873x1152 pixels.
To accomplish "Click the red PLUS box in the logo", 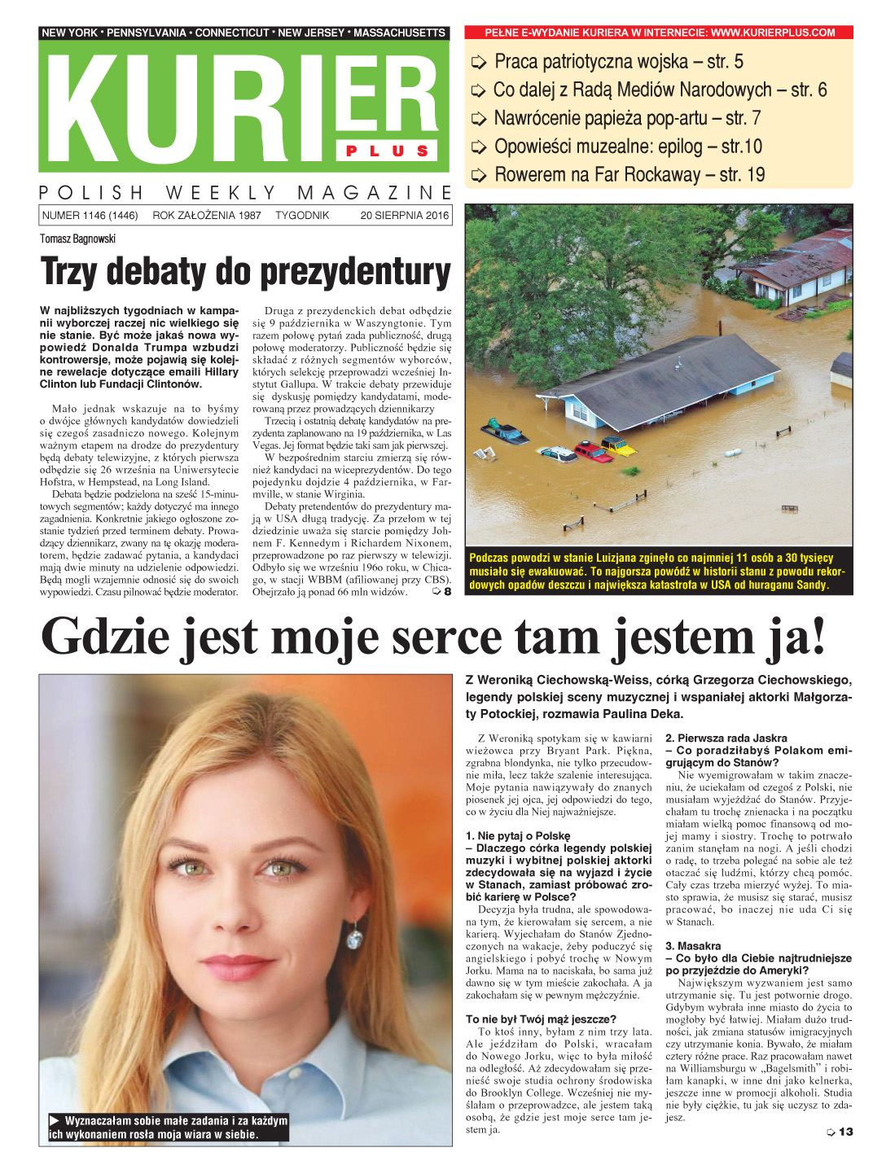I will point(388,151).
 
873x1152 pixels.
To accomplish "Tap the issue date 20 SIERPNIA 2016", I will point(404,216).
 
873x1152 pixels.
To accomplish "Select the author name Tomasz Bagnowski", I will point(78,239).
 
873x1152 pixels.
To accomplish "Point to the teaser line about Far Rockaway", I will point(629,174).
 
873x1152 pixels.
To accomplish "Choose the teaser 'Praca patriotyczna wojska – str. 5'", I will point(618,62).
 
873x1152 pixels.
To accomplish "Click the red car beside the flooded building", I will point(592,451).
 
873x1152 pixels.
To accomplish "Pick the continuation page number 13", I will point(845,1132).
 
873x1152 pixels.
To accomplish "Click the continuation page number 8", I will point(446,592).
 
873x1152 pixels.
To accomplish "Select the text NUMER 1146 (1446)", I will point(90,216).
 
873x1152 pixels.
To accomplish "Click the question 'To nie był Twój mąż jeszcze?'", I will point(541,1018).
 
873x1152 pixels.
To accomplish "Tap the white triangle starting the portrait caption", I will point(55,1120).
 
